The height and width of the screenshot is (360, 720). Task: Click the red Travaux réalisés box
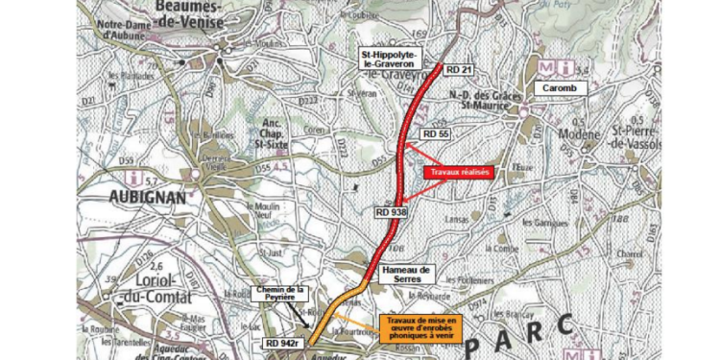[x=458, y=173]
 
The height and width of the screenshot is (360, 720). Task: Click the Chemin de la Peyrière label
[x=280, y=289]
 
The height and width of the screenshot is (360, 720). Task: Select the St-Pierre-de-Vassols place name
[x=656, y=134]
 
